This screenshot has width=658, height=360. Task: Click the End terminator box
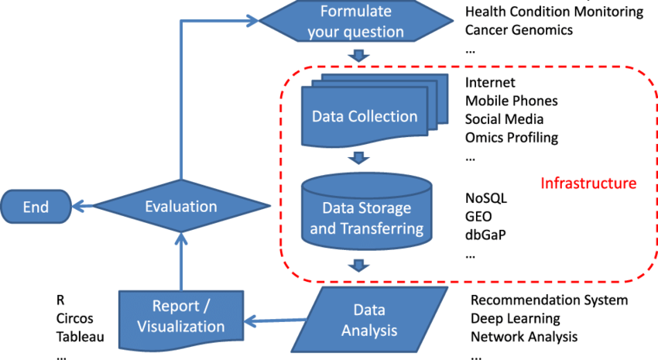coord(36,207)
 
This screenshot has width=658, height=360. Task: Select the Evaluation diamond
coord(181,207)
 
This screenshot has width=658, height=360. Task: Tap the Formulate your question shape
coord(355,22)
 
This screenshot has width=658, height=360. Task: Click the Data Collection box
coord(364,116)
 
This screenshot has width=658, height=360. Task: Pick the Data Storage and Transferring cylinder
coord(366,218)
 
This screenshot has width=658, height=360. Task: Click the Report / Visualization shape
coord(181,316)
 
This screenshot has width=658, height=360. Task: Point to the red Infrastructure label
coord(588,183)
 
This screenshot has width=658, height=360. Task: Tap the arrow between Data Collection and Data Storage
coord(358,159)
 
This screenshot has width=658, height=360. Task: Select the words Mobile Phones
coord(511,101)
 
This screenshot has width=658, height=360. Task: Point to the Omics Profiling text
coord(512,138)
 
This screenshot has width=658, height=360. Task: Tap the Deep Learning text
coord(515,318)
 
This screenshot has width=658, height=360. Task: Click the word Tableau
coord(80,337)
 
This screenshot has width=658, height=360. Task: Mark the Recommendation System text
coord(549,300)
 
